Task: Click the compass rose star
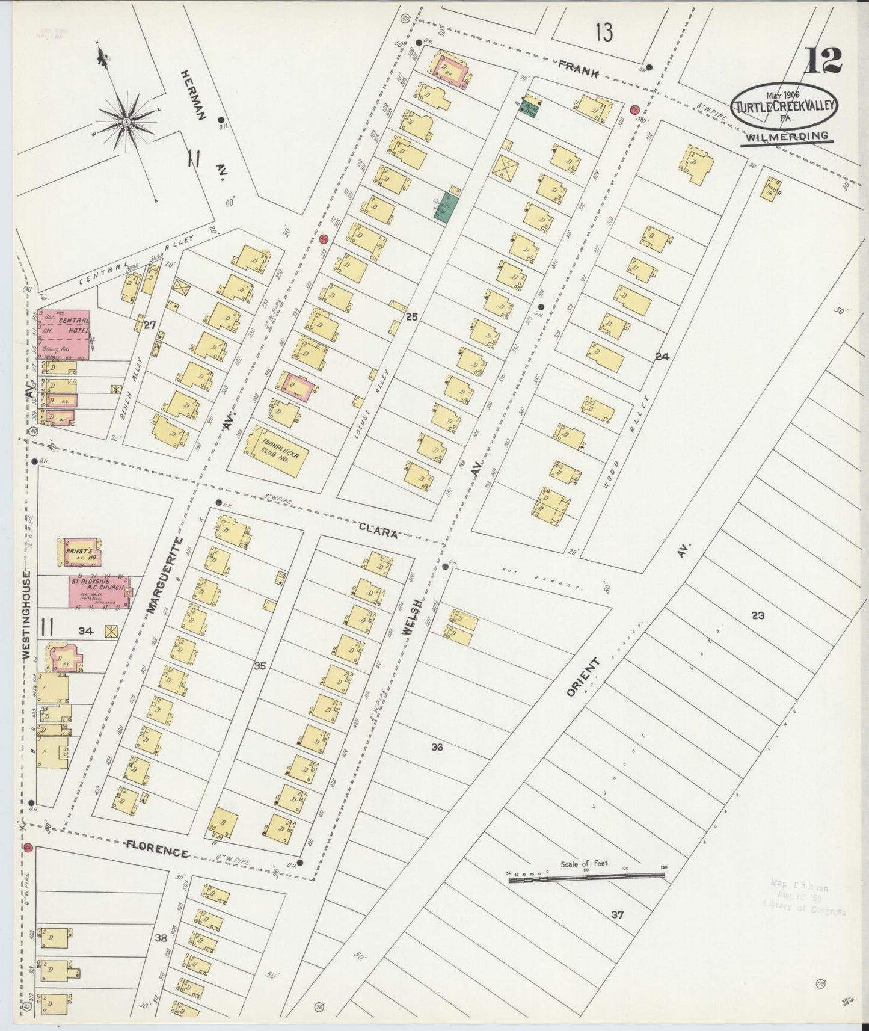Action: point(127,122)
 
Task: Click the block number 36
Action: point(437,747)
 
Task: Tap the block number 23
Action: point(758,615)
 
